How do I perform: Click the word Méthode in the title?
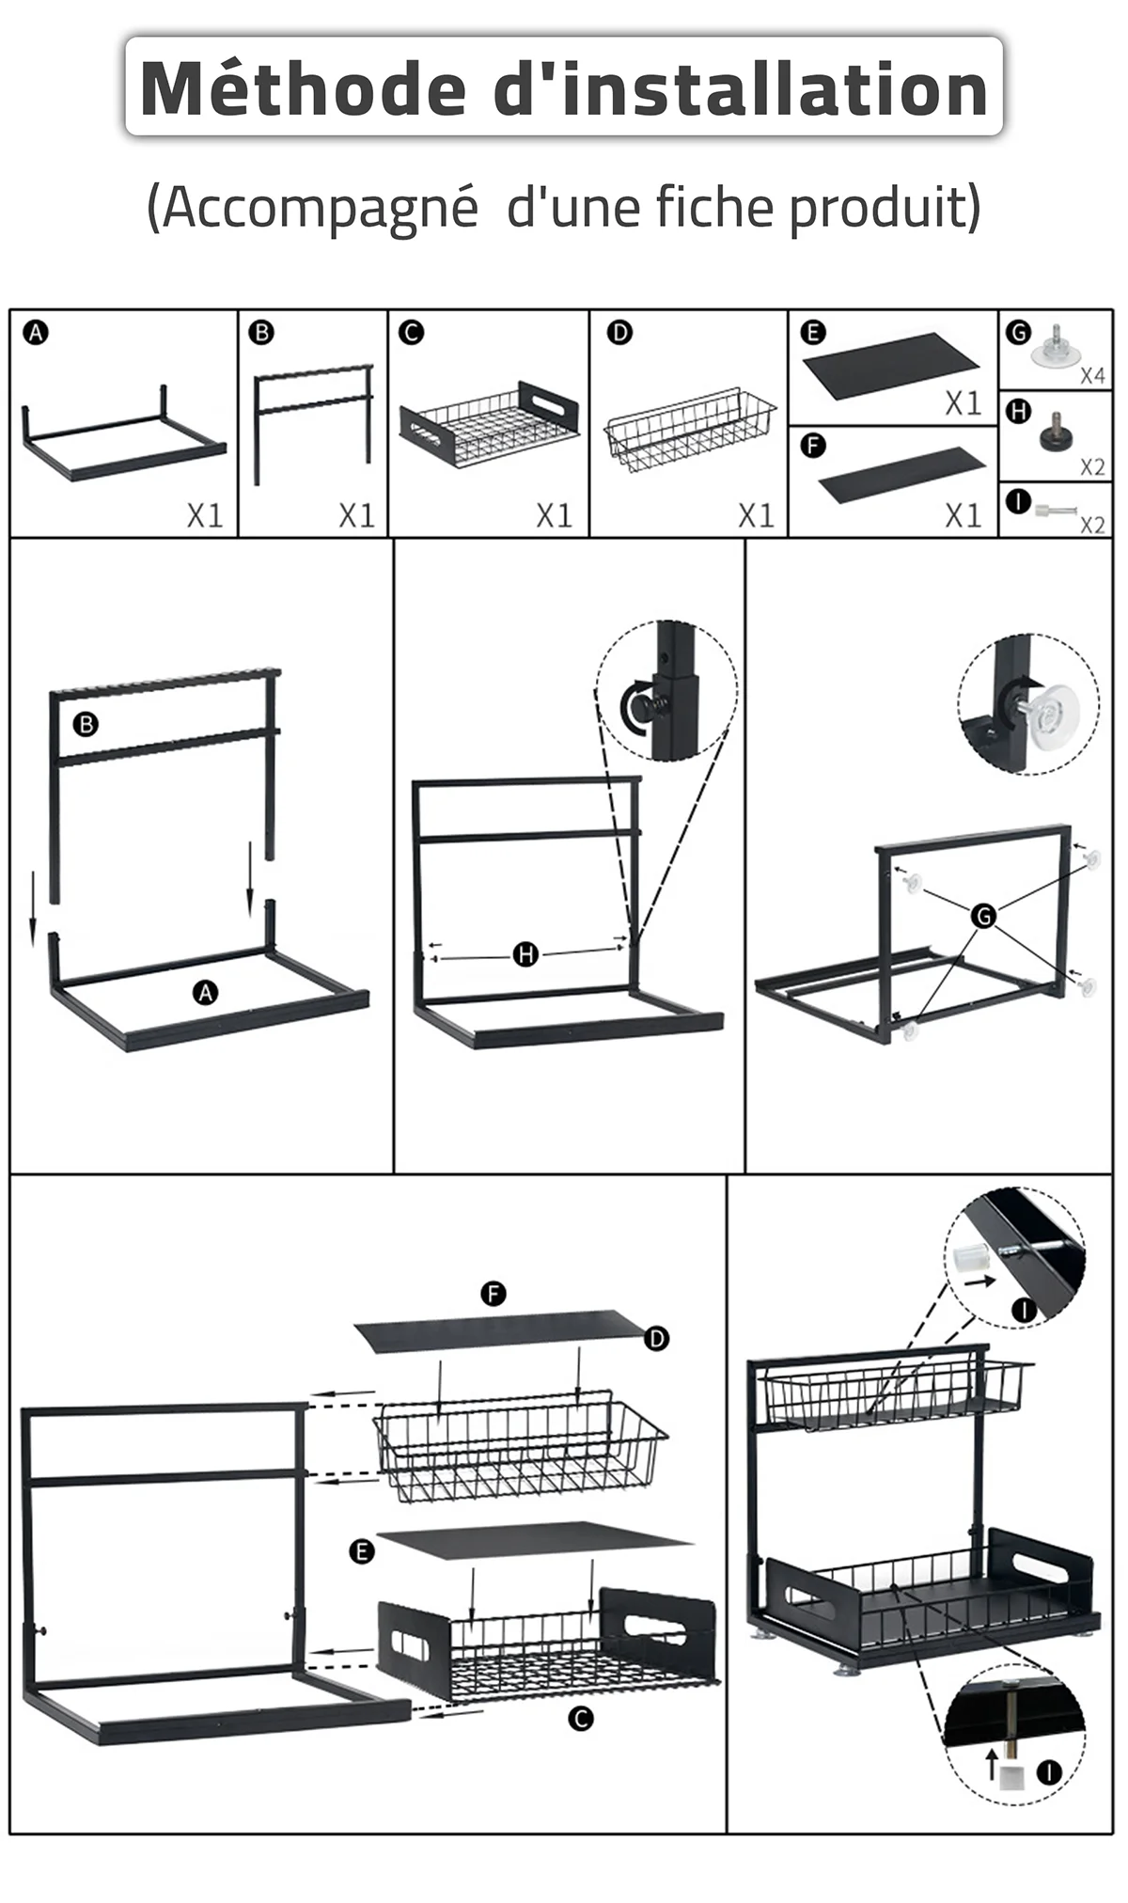tap(303, 89)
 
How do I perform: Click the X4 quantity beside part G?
tap(1092, 376)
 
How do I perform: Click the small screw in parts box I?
tap(1057, 511)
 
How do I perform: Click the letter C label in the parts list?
tap(411, 332)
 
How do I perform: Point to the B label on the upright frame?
tap(86, 724)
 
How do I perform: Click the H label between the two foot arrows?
tap(525, 955)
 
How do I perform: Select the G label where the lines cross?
tap(983, 915)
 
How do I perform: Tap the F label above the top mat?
tap(493, 1294)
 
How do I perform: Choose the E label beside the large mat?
tap(362, 1551)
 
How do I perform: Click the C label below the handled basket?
tap(581, 1719)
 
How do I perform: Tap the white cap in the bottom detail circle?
tap(1011, 1774)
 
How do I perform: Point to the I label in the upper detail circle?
tap(1024, 1310)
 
